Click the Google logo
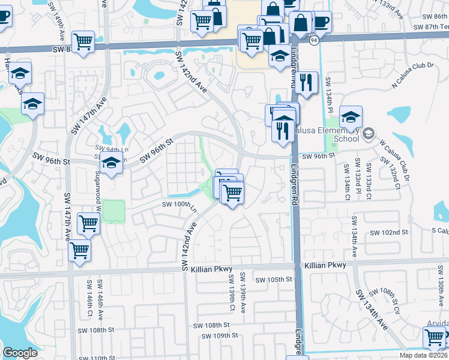tap(20, 353)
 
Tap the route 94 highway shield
tap(314, 40)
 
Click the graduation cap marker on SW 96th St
tap(111, 163)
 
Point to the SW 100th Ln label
tap(179, 205)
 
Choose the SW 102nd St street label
tap(388, 232)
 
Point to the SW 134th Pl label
tap(329, 94)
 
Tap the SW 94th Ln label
tap(109, 148)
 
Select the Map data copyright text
tap(423, 355)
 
